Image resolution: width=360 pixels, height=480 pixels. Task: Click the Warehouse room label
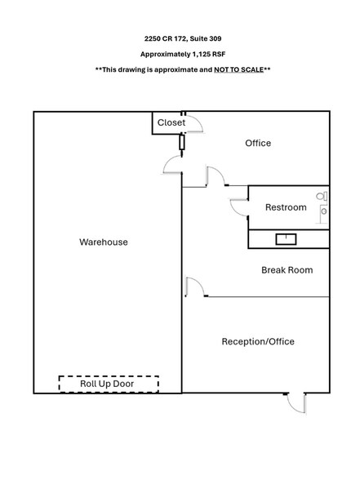[104, 242]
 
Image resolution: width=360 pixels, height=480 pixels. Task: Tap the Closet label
[171, 122]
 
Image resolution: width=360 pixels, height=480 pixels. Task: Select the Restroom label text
[286, 207]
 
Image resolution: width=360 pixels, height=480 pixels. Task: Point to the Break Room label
[287, 270]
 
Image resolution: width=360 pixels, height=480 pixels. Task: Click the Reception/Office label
[258, 341]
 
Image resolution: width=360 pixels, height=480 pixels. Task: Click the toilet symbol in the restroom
[322, 196]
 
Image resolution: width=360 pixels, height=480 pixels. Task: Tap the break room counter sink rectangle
[286, 239]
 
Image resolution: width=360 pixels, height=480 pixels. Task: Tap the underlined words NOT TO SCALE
[238, 70]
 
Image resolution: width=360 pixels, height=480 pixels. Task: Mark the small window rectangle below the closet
[182, 142]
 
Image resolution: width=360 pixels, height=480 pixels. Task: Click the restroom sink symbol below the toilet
[323, 211]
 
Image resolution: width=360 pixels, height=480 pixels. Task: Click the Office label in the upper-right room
[258, 143]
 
